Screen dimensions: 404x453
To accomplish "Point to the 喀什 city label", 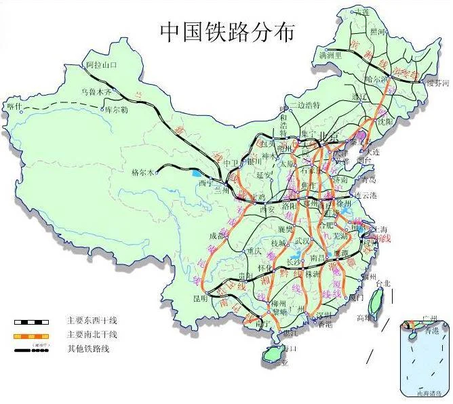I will click(x=15, y=106).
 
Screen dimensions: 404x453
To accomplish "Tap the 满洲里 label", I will click(x=332, y=52).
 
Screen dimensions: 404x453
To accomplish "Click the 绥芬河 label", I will click(x=437, y=83).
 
